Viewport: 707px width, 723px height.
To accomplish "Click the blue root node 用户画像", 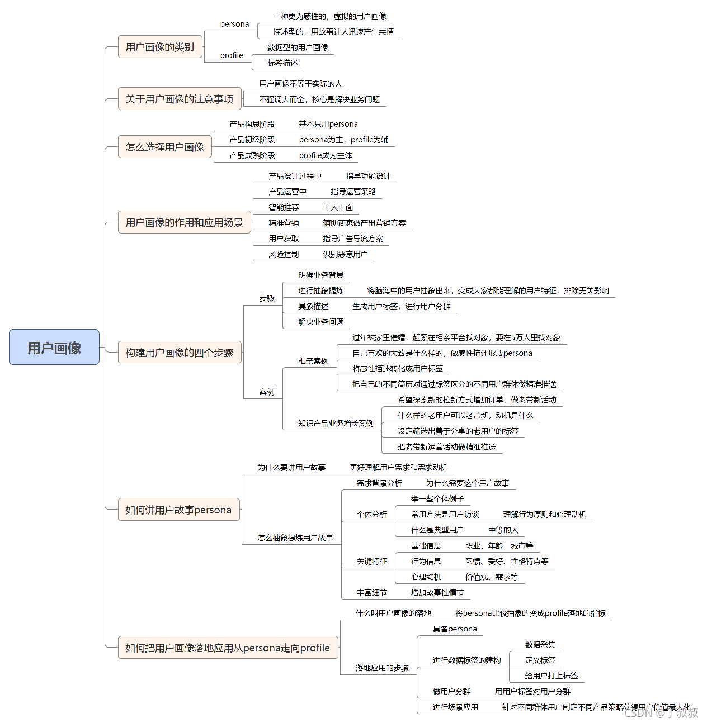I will [x=54, y=348].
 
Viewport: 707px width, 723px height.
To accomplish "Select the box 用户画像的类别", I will [x=160, y=47].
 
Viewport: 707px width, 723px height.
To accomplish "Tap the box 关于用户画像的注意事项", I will [x=179, y=99].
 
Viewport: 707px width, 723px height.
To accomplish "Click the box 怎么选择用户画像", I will [x=164, y=147].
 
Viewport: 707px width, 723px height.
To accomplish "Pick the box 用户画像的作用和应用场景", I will [x=184, y=222].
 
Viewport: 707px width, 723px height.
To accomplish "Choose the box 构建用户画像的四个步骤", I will [x=179, y=353].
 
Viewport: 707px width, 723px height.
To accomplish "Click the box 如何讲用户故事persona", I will [x=178, y=510].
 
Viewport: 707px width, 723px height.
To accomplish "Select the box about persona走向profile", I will [x=228, y=648].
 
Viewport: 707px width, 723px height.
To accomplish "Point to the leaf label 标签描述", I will [x=282, y=63].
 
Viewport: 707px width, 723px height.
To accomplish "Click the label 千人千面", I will [x=338, y=207].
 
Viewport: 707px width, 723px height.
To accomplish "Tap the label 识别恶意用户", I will [x=345, y=254].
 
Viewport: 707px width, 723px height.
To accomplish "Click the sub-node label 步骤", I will [x=266, y=298].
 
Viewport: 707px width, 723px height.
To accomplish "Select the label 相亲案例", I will [x=313, y=361].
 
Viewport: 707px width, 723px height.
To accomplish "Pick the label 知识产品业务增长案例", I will [x=336, y=424].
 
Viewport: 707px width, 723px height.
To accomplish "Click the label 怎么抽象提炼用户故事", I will [x=295, y=538].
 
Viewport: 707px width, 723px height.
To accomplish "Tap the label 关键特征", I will [x=372, y=561].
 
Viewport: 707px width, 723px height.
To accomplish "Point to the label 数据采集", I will [x=540, y=645].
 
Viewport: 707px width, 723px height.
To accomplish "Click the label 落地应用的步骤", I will [x=382, y=668].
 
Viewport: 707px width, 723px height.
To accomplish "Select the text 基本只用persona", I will [x=328, y=124].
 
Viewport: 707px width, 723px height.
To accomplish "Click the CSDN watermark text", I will [x=661, y=712].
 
